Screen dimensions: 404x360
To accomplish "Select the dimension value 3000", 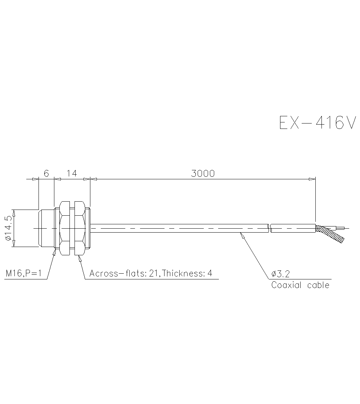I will coord(203,174).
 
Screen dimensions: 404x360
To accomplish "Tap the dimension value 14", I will coord(72,174).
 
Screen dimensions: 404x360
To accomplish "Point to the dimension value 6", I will coord(46,174).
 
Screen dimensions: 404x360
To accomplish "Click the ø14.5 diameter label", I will coord(8,228).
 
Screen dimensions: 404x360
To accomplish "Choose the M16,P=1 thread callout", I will coord(24,274).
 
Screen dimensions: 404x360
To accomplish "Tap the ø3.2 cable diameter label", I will coord(280,275).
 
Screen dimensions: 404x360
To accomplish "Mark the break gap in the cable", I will coord(270,228).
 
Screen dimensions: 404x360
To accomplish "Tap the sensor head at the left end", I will coord(46,228).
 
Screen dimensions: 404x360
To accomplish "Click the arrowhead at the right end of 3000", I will coord(312,179).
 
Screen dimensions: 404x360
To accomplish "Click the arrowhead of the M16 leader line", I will coord(54,251).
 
